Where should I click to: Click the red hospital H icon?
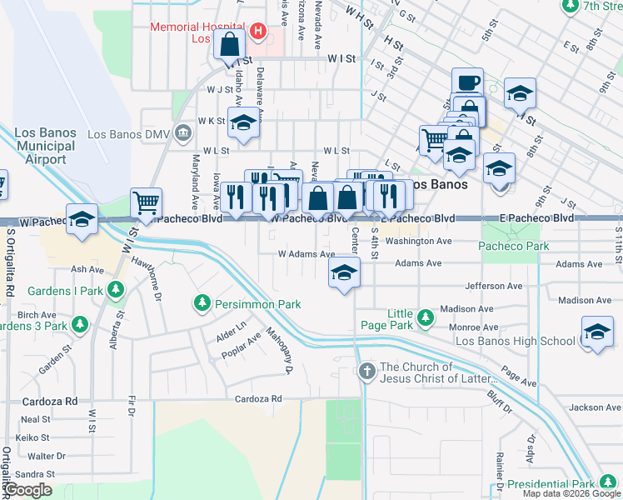[x=258, y=32]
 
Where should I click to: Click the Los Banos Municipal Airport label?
[x=46, y=146]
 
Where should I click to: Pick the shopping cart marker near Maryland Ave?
[x=146, y=203]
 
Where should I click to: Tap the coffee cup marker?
[x=467, y=82]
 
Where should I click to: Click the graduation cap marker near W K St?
[x=242, y=122]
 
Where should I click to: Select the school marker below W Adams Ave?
[x=343, y=272]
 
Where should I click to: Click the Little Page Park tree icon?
[x=425, y=317]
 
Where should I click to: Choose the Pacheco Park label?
[x=514, y=246]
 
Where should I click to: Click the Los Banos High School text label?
[x=516, y=341]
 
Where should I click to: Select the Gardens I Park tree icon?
[x=116, y=290]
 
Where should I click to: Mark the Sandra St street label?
[x=34, y=474]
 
